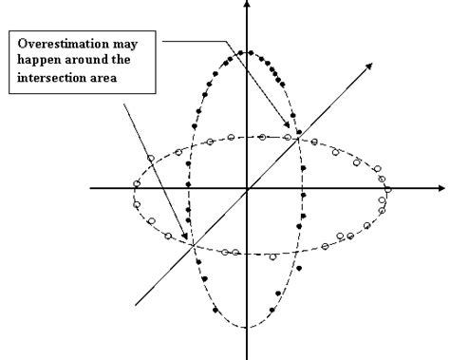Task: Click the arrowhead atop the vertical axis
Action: coord(247,5)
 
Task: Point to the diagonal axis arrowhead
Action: coord(367,67)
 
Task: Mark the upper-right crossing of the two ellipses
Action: coord(298,138)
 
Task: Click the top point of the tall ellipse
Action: coord(247,51)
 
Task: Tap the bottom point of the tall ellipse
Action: coord(247,328)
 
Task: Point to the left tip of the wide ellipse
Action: coord(135,190)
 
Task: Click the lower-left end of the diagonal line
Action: coord(136,305)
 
